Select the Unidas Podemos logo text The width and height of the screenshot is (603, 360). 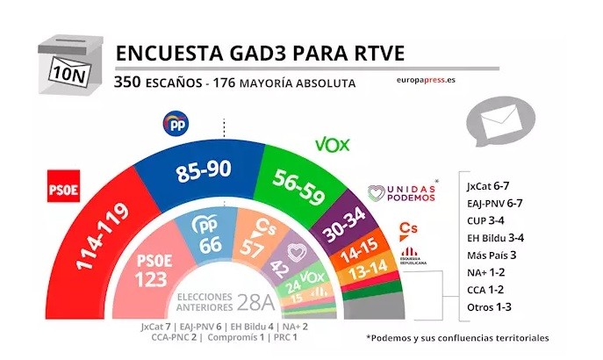click(x=401, y=193)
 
